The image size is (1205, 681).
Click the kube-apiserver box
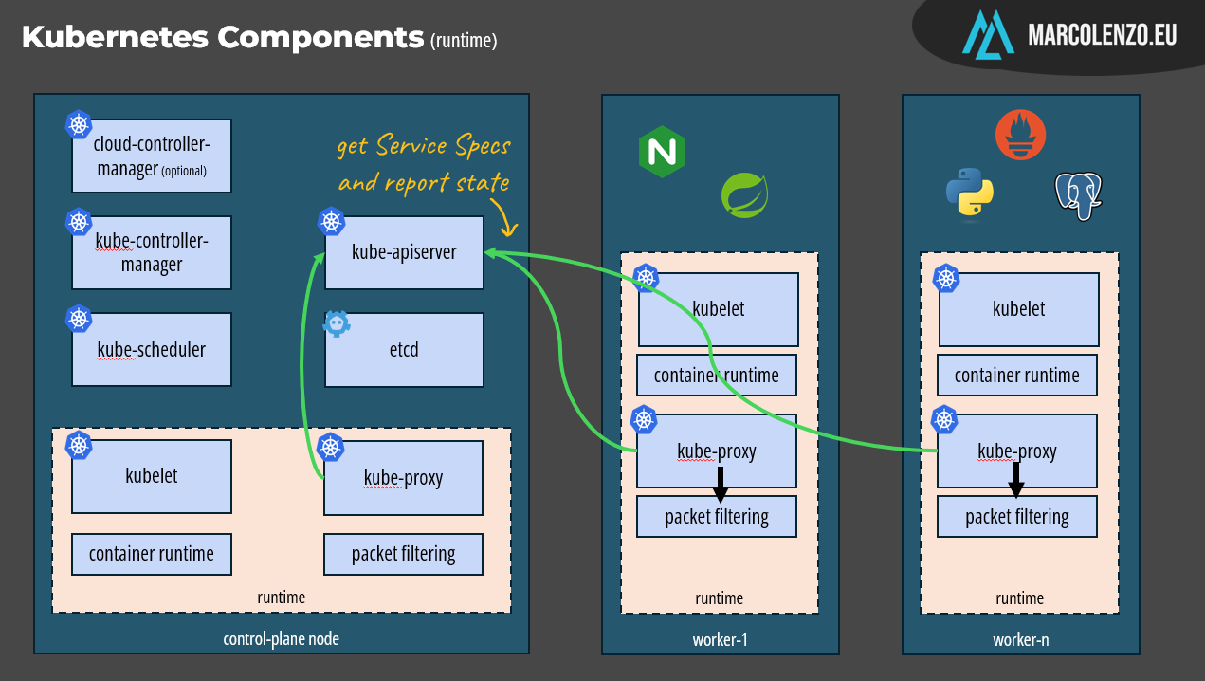pos(404,252)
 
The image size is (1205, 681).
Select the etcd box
pos(404,350)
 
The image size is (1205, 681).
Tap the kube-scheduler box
pos(152,350)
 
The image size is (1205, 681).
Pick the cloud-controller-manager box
pos(152,156)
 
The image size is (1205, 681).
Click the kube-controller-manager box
pos(152,252)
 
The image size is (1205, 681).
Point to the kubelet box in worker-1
pos(718,309)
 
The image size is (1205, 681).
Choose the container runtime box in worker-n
pos(1017,376)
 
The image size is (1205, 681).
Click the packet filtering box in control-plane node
pos(404,554)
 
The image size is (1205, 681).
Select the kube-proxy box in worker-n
pos(1017,451)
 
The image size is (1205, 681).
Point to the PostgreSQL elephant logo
pos(1079,196)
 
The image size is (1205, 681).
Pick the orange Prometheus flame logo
pos(1020,134)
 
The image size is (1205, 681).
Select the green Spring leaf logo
pos(744,194)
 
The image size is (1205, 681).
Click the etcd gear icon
pos(337,324)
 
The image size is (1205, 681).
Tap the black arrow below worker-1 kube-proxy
pos(720,485)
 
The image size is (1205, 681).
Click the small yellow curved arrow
pos(507,223)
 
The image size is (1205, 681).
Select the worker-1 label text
pos(720,639)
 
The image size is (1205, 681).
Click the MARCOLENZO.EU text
pos(1103,36)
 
